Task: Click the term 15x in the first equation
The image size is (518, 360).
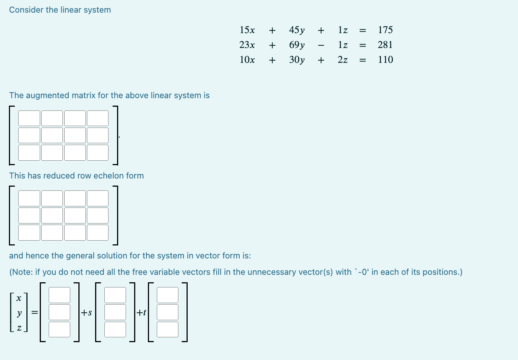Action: [x=247, y=30]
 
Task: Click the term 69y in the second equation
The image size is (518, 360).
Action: [x=297, y=45]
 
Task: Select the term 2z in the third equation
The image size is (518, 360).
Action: [x=343, y=60]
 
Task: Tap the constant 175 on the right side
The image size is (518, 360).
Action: [x=385, y=30]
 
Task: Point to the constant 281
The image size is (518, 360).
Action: [x=385, y=45]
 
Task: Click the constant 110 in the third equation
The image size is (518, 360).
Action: [x=385, y=60]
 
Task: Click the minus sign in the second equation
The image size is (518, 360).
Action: [x=321, y=45]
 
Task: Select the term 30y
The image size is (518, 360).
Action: [x=297, y=60]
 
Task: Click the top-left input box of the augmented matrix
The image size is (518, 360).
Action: [x=29, y=118]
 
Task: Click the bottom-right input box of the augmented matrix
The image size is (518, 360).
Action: [x=98, y=152]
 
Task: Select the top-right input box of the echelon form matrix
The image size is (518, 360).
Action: [x=98, y=198]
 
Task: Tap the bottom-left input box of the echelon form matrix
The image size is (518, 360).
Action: [x=29, y=232]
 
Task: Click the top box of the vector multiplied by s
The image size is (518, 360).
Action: [x=115, y=295]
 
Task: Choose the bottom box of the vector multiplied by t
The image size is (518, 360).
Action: [x=168, y=329]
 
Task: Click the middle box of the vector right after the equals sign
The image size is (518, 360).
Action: [x=59, y=312]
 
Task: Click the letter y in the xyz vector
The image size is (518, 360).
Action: [x=19, y=313]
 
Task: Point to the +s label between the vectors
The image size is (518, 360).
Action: [x=87, y=312]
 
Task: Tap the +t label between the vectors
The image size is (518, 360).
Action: [x=141, y=312]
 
